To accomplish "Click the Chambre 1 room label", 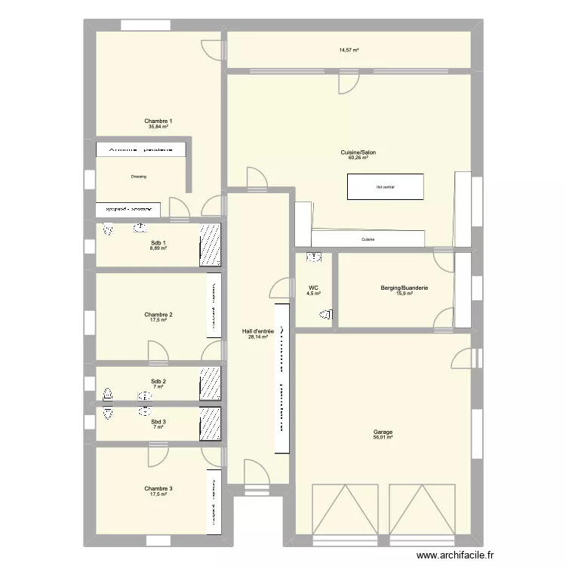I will coord(158,121).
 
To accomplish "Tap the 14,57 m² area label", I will coord(349,50).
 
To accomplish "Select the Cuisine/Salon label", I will coord(358,152).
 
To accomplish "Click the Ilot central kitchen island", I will coord(385,186).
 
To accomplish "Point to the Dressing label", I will coord(138,177).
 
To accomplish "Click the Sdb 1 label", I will coord(158,242).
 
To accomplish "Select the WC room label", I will coord(313,288).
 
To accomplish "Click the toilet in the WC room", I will coord(326,315).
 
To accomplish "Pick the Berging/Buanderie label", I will coord(405,288).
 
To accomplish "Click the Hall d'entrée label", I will coord(257,331).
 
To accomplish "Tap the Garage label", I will coord(383,432).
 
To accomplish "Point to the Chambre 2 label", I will coord(158,314).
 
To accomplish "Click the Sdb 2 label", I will coord(158,381).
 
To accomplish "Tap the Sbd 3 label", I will coord(158,422).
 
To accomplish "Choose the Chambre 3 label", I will coord(158,489).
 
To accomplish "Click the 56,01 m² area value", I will coord(383,438).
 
